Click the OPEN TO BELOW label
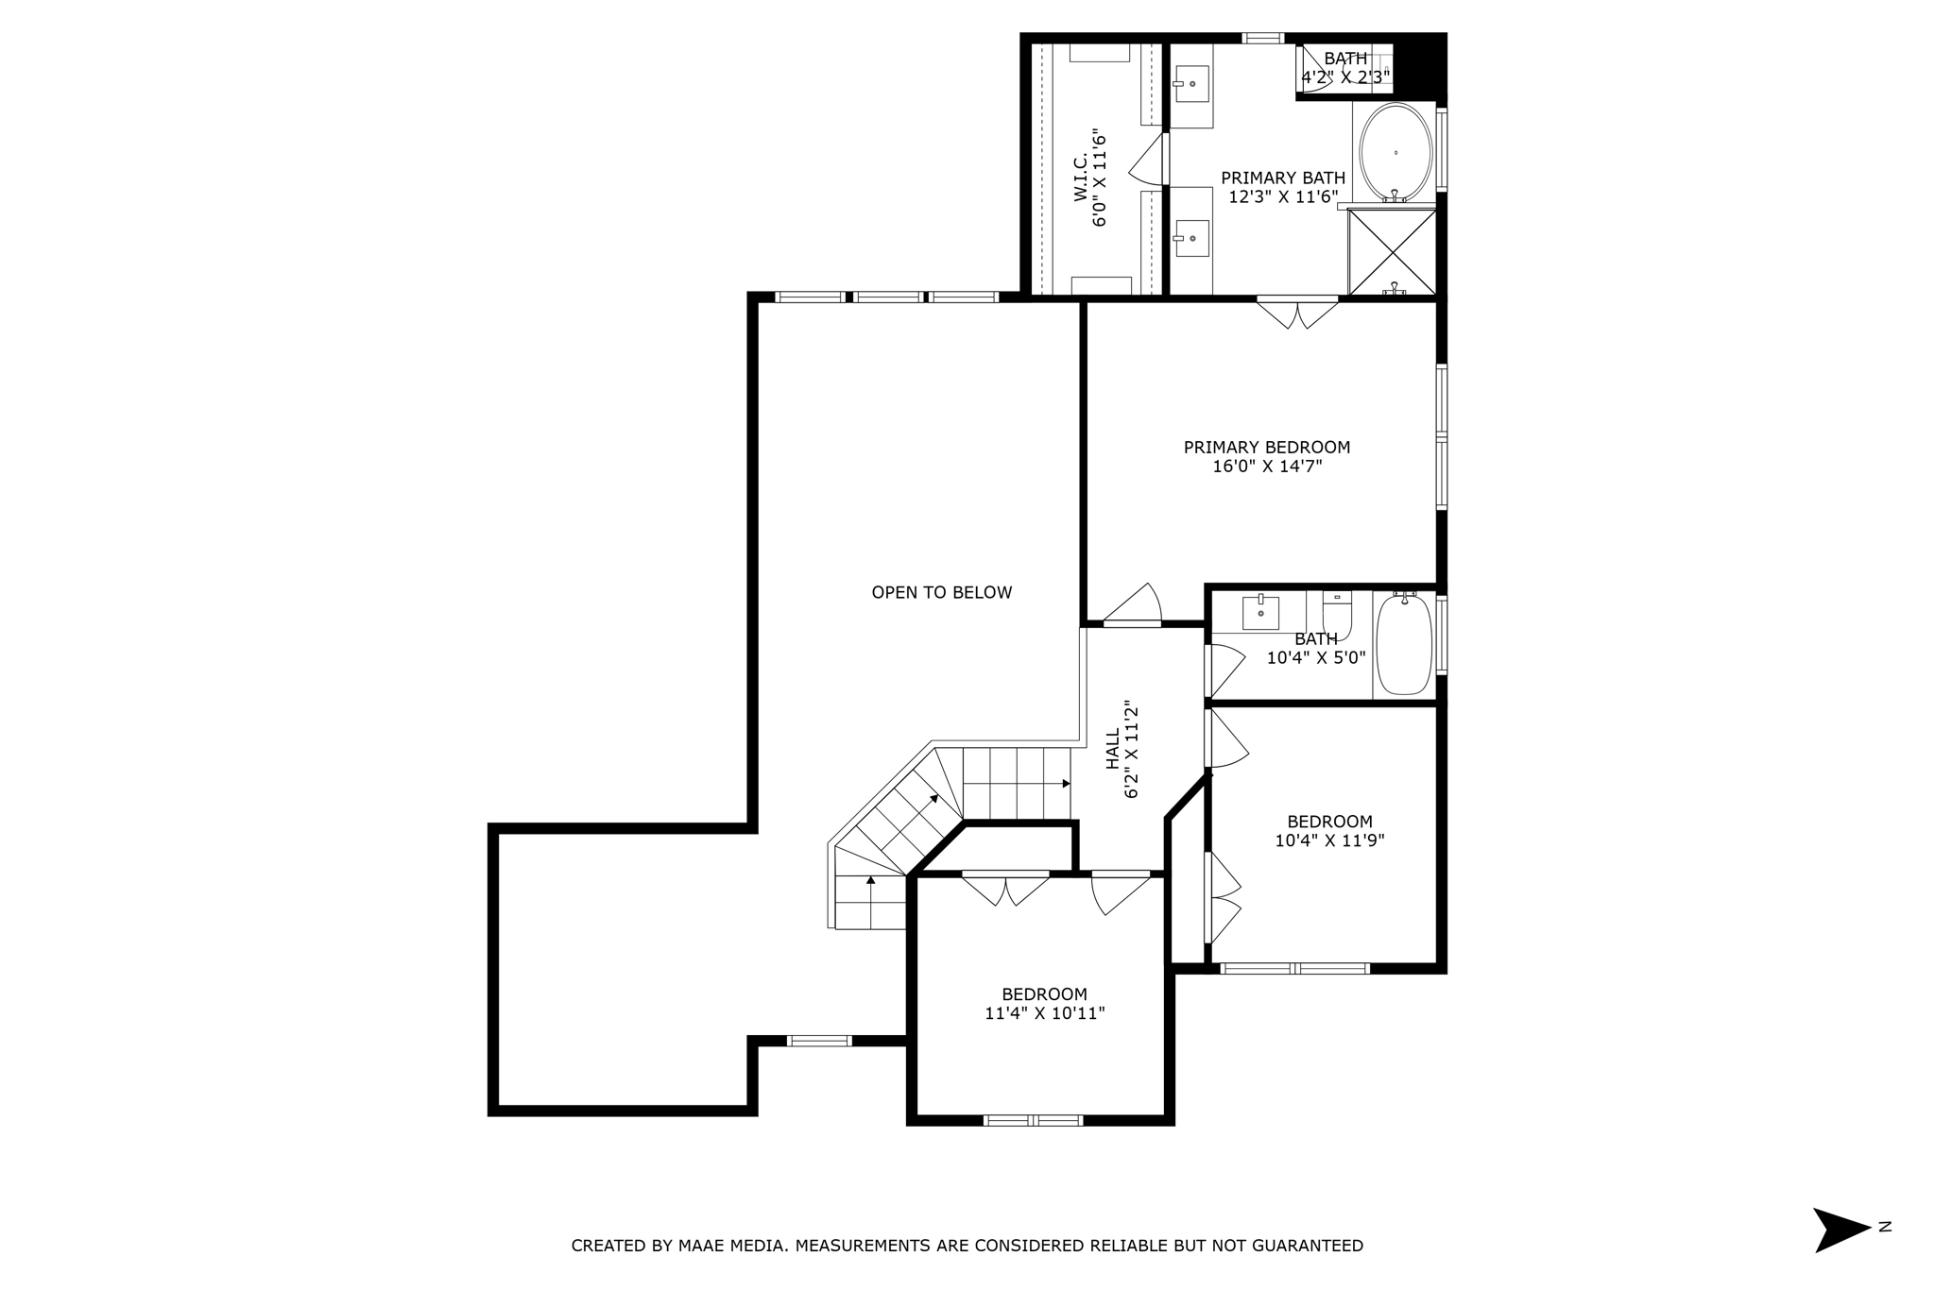[941, 593]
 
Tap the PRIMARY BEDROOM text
[1267, 448]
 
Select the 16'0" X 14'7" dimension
[1267, 466]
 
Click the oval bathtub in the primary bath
[1396, 153]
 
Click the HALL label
[1113, 748]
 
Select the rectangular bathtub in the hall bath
[1404, 645]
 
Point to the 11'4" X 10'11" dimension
[1045, 1013]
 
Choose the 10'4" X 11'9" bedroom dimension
[1329, 840]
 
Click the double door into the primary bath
[1297, 314]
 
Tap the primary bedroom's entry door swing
[1132, 605]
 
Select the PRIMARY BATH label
[1283, 178]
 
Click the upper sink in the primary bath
[1192, 84]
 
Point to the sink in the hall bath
[1260, 612]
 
